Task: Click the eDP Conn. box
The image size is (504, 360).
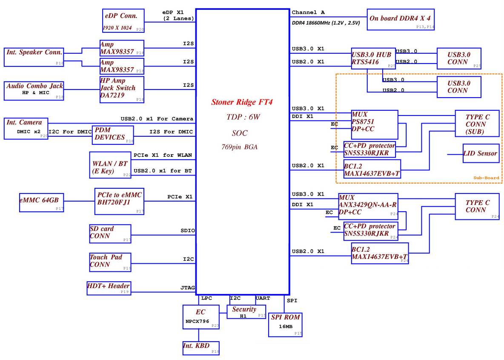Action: pyautogui.click(x=123, y=20)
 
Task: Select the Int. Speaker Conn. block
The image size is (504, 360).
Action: pyautogui.click(x=34, y=57)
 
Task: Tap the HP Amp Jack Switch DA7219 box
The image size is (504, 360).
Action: pyautogui.click(x=122, y=89)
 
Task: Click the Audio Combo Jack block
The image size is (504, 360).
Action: pyautogui.click(x=34, y=91)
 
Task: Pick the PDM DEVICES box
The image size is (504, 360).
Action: pyautogui.click(x=113, y=135)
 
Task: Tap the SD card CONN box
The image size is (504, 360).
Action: pyautogui.click(x=110, y=234)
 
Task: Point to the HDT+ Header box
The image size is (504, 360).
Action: pyautogui.click(x=109, y=288)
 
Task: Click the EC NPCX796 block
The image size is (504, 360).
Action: pyautogui.click(x=201, y=317)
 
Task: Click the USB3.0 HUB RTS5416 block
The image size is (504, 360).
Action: pyautogui.click(x=373, y=58)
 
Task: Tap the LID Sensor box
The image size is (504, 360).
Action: pyautogui.click(x=481, y=153)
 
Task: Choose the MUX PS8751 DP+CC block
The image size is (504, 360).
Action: pyautogui.click(x=375, y=122)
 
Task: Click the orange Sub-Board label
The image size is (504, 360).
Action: pyautogui.click(x=486, y=178)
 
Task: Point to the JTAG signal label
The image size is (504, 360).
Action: pyautogui.click(x=188, y=288)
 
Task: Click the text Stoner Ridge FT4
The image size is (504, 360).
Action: pyautogui.click(x=242, y=102)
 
